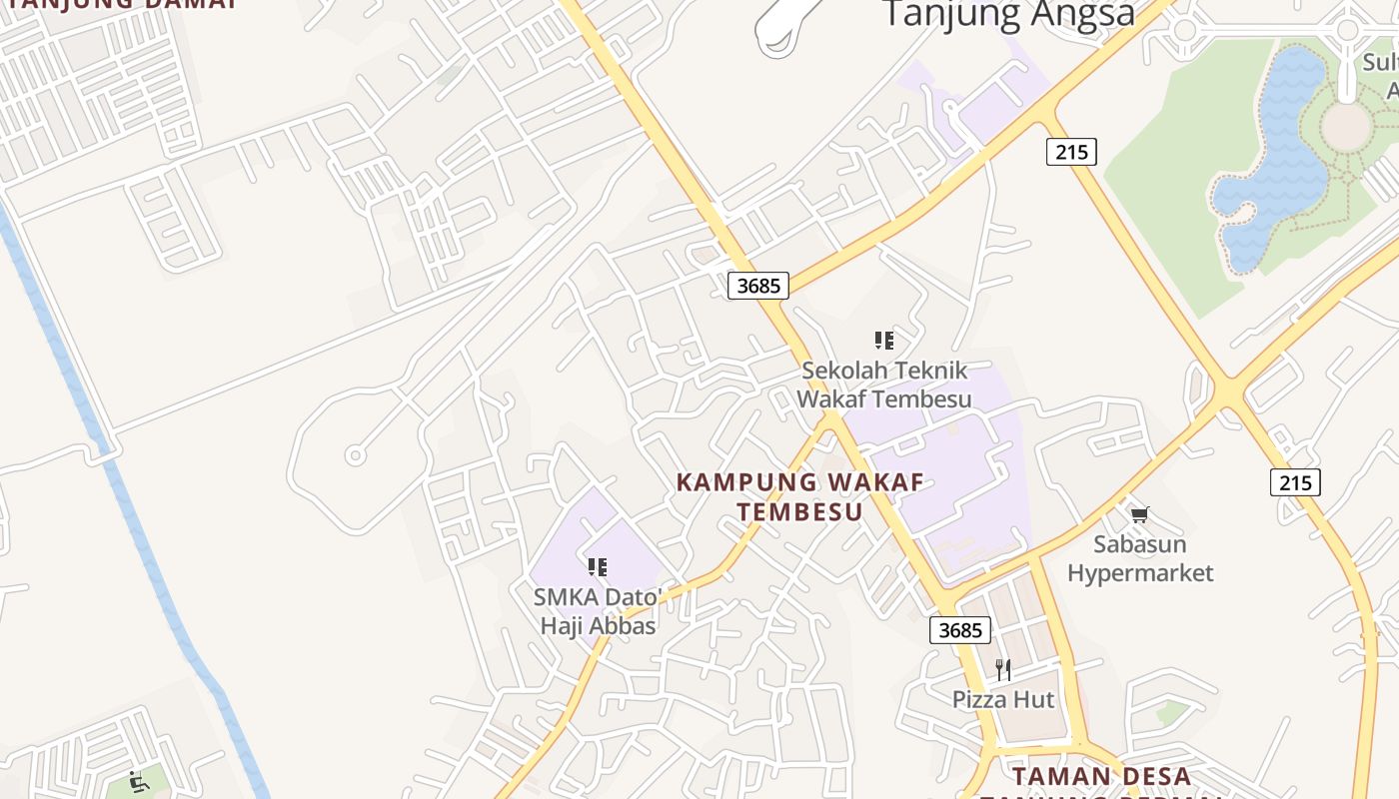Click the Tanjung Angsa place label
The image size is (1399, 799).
click(1009, 14)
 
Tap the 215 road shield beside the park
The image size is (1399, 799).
click(1072, 152)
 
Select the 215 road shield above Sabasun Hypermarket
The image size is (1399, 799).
click(1295, 482)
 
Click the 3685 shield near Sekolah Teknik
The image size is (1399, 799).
click(757, 286)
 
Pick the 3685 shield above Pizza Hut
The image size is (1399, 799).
click(960, 630)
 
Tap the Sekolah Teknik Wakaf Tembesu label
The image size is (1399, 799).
click(883, 385)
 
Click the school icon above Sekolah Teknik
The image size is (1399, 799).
click(883, 341)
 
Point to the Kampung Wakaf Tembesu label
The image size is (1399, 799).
click(799, 496)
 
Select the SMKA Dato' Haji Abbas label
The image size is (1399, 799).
click(598, 611)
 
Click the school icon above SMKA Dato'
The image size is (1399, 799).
click(598, 567)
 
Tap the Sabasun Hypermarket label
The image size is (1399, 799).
click(1139, 558)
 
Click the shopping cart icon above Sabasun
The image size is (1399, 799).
click(1139, 515)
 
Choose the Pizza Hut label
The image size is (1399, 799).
click(1002, 699)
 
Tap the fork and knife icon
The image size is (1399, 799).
click(1002, 669)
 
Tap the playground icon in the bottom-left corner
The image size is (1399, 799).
click(139, 780)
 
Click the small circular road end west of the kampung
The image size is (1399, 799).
click(354, 455)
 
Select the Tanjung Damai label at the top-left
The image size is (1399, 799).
click(120, 3)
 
